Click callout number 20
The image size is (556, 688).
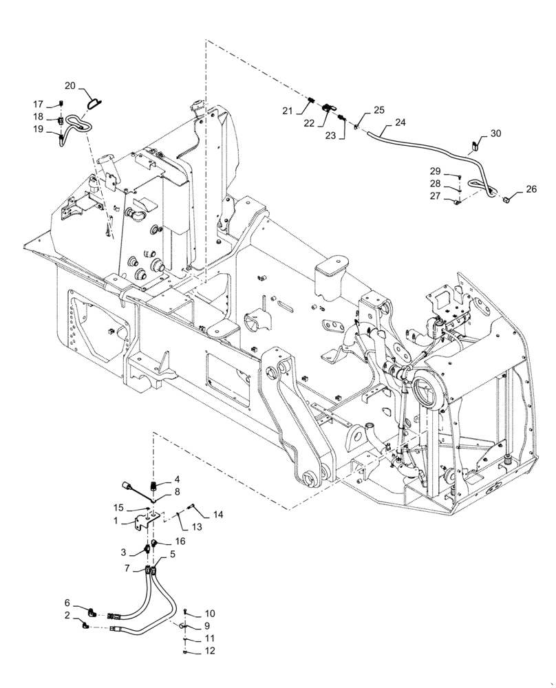pos(70,85)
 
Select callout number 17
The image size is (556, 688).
pos(39,104)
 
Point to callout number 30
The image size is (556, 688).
pos(495,133)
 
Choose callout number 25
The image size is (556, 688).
pos(380,110)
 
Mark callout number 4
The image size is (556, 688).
pos(177,479)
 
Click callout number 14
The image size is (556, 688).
pos(218,514)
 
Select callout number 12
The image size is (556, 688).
pos(210,651)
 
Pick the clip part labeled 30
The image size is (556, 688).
pos(475,145)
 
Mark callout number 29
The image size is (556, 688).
pos(435,171)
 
